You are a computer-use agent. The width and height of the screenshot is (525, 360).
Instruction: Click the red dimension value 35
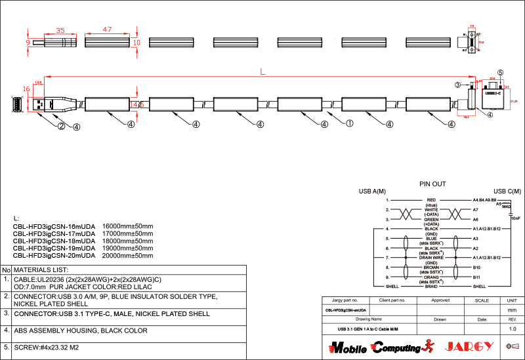[x=60, y=30]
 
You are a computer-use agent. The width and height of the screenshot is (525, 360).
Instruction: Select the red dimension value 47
[x=107, y=30]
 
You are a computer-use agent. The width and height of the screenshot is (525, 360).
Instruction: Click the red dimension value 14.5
[x=136, y=104]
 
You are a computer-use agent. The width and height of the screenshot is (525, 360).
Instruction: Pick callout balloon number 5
[x=500, y=73]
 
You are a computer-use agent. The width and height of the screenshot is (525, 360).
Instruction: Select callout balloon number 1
[x=350, y=123]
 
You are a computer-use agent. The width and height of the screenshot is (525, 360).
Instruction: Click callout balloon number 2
[x=60, y=127]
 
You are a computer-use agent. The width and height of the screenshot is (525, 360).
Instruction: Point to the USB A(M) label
[x=372, y=191]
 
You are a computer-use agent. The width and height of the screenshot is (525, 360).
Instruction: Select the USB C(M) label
[x=507, y=191]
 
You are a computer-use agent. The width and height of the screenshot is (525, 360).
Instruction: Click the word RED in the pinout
[x=431, y=200]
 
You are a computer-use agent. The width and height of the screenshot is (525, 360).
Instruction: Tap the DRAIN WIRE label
[x=431, y=258]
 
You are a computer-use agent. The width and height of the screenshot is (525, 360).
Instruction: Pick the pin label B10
[x=476, y=268]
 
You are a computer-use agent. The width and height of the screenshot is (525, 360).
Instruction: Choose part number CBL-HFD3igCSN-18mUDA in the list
[x=54, y=241]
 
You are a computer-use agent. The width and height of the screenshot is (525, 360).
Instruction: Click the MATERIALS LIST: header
[x=41, y=270]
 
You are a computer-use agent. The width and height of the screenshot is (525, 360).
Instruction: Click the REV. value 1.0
[x=513, y=329]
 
